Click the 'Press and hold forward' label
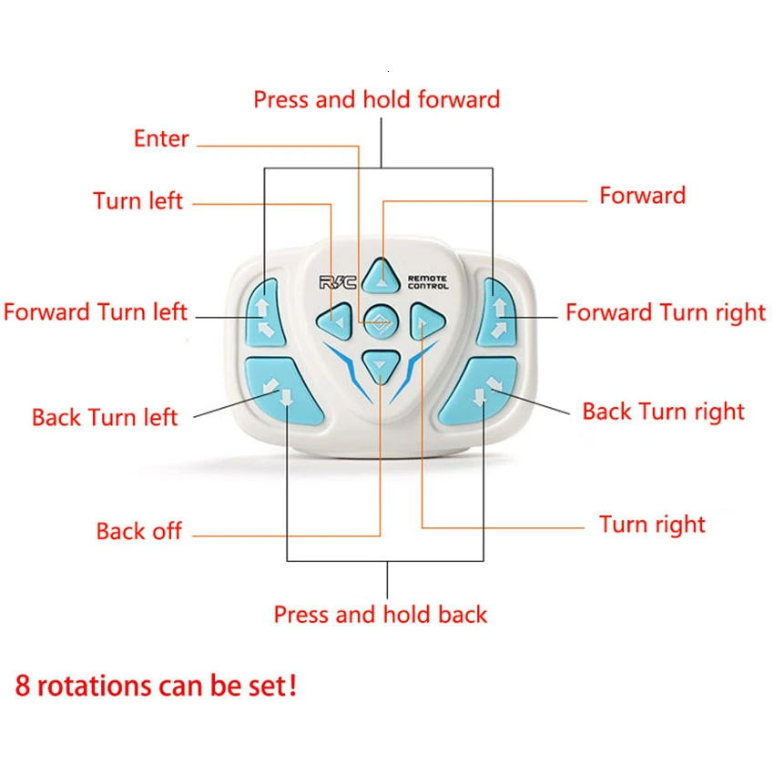coord(377,100)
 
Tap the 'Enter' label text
coord(161,138)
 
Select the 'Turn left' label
coord(137,201)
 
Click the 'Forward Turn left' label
coord(96,312)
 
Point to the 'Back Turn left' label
coord(105,418)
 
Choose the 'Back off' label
coord(139,531)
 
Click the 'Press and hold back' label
coord(381,615)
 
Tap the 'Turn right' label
coord(652,524)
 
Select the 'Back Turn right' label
coord(663,412)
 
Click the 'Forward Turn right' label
coord(666,313)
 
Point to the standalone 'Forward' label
coord(642,196)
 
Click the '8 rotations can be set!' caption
coord(156,687)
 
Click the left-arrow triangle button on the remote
coord(335,322)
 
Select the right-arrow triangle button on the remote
coord(427,322)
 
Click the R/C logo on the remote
coord(338,282)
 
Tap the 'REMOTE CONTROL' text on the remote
coord(428,282)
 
